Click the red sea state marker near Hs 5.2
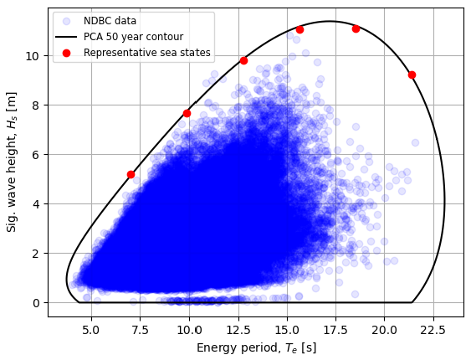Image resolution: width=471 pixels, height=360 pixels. (x=131, y=174)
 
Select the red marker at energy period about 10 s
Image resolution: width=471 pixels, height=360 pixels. (x=187, y=113)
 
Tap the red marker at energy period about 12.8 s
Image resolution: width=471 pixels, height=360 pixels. (x=243, y=60)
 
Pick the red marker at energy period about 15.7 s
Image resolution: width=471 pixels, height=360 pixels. (x=299, y=29)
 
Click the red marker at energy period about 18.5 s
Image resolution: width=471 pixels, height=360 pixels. (x=356, y=28)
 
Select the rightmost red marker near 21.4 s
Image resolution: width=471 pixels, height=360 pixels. (x=412, y=75)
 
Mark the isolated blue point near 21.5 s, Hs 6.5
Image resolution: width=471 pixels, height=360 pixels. (x=415, y=142)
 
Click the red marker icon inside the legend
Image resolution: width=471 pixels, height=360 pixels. (x=69, y=53)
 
